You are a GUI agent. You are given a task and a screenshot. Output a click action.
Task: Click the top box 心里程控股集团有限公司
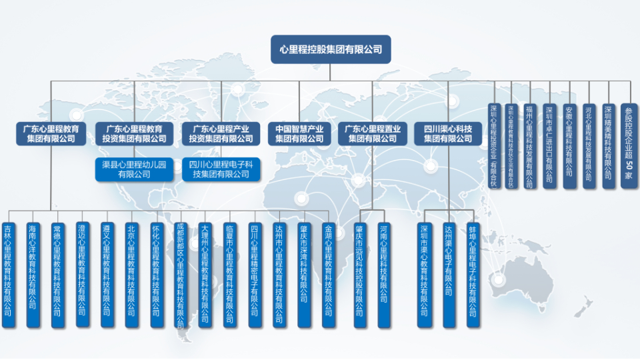click(x=331, y=49)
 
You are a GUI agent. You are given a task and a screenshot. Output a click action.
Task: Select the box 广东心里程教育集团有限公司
click(x=51, y=133)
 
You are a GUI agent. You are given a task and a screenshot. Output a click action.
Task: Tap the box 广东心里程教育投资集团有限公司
click(x=134, y=133)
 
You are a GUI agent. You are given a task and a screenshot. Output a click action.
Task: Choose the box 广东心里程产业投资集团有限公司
click(x=221, y=133)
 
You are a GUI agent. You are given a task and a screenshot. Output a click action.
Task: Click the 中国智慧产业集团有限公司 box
click(x=299, y=133)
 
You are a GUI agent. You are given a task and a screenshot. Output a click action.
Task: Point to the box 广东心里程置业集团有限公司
click(x=373, y=133)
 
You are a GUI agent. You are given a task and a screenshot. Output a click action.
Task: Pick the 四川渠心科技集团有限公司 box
click(x=448, y=133)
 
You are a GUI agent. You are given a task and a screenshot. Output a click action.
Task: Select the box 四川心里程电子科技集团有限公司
click(x=221, y=169)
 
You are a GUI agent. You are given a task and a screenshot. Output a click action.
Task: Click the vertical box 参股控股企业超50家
click(x=629, y=146)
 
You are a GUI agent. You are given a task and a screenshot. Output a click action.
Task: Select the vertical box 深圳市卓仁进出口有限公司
click(x=549, y=146)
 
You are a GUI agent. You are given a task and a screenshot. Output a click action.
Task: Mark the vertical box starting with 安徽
click(x=569, y=146)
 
